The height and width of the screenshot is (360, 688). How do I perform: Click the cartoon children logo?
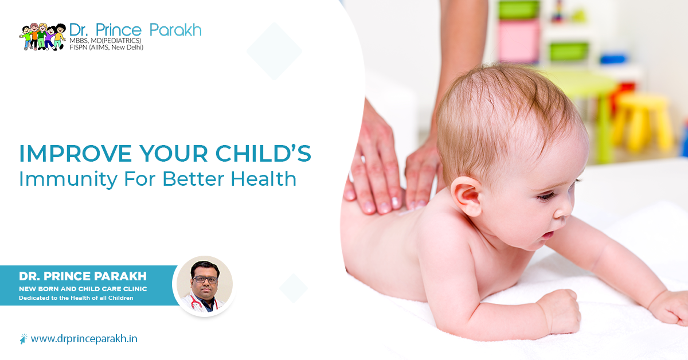tap(42, 36)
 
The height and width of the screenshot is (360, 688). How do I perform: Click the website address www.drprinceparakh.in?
tap(84, 339)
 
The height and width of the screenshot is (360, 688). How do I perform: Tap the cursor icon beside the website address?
tap(23, 339)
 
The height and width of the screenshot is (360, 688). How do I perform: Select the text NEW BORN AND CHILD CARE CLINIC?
tap(83, 289)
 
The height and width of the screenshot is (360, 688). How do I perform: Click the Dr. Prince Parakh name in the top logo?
tap(135, 29)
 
